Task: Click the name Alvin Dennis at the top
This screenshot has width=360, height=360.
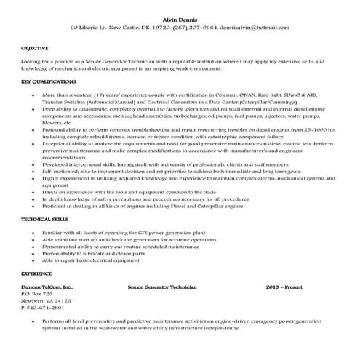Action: click(180, 18)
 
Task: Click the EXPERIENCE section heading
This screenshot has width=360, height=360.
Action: click(36, 273)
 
